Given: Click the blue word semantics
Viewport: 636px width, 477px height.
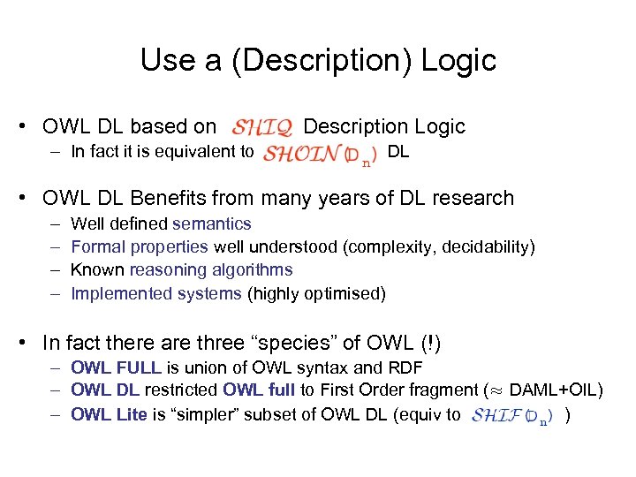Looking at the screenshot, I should click(212, 224).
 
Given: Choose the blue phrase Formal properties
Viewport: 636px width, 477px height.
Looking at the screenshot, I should click(139, 247).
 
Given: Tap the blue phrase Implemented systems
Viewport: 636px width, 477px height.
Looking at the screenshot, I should click(155, 293).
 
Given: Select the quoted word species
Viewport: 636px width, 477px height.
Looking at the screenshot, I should click(299, 342).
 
